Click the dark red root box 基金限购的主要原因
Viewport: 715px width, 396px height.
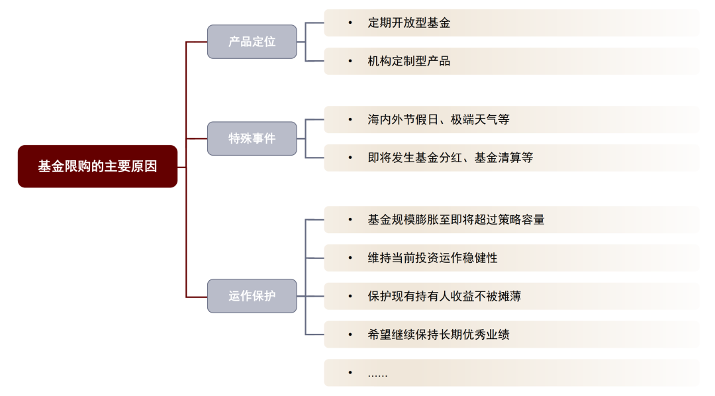click(97, 166)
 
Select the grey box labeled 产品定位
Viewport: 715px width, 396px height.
click(252, 42)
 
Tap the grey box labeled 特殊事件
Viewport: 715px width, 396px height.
click(252, 138)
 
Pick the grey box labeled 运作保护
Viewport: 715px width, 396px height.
click(252, 296)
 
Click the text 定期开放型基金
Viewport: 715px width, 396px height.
click(408, 23)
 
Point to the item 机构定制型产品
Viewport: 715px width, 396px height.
click(408, 61)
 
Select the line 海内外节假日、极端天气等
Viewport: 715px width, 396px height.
click(438, 120)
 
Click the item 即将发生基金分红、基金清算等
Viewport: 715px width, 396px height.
click(450, 158)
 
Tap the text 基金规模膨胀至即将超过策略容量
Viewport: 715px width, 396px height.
click(455, 219)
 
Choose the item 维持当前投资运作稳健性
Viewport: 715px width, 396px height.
click(432, 258)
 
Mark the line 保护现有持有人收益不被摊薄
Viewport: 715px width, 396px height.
click(444, 296)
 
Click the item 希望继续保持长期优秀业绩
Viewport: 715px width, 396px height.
click(438, 334)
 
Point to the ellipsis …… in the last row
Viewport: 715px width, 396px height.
click(377, 374)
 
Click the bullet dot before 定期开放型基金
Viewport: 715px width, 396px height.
click(350, 23)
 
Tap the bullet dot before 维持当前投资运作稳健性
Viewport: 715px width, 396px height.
click(350, 258)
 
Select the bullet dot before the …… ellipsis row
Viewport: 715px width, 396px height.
click(350, 373)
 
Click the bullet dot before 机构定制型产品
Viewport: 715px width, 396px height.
click(350, 61)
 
